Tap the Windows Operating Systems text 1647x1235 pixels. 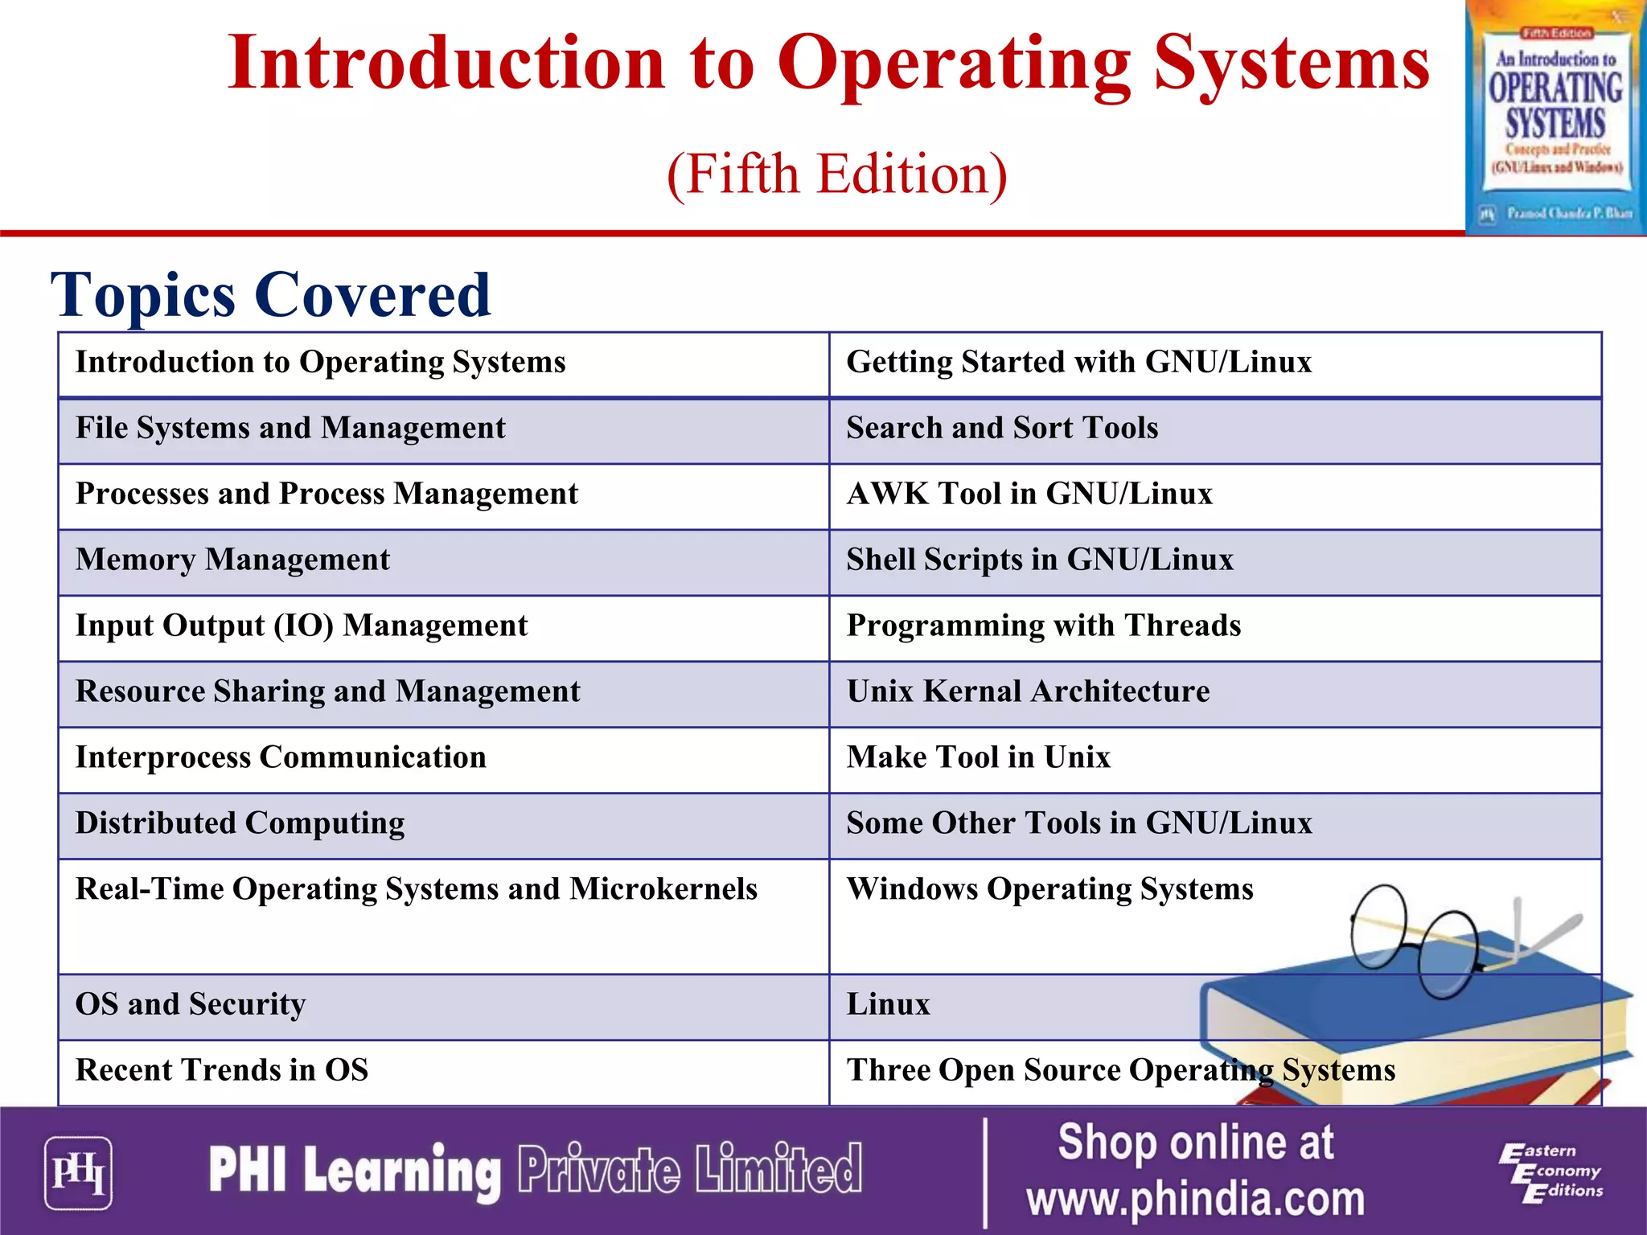pyautogui.click(x=1049, y=890)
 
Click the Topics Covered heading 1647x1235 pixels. pyautogui.click(x=270, y=295)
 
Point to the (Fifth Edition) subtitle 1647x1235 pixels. pyautogui.click(x=836, y=174)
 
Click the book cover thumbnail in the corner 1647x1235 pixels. pyautogui.click(x=1555, y=118)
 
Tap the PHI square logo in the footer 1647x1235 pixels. pyautogui.click(x=78, y=1172)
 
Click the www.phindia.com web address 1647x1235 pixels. pyautogui.click(x=1195, y=1199)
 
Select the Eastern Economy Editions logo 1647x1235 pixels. pyautogui.click(x=1550, y=1173)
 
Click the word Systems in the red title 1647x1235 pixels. pyautogui.click(x=1292, y=64)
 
